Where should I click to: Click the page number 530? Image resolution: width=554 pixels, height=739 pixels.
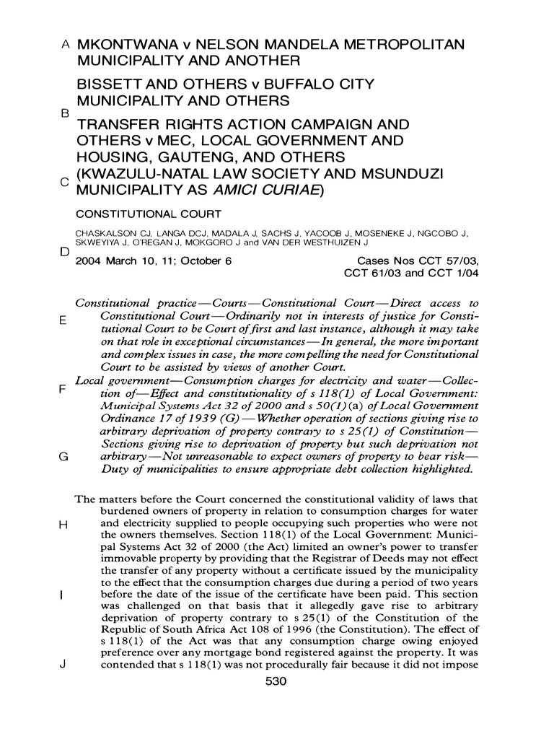[x=277, y=681]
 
